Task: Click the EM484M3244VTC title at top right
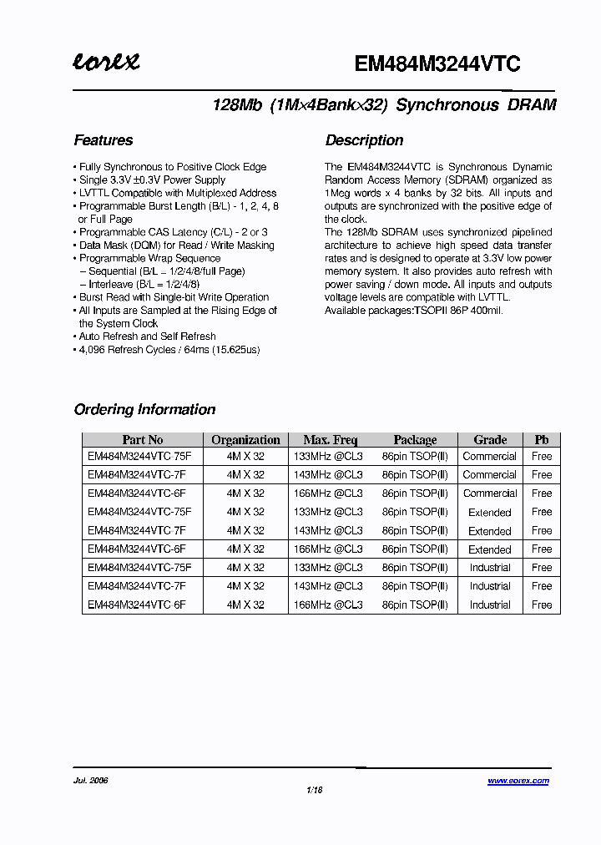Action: point(437,64)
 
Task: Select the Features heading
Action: point(104,140)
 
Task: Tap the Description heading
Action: point(364,140)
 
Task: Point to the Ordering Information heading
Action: point(144,409)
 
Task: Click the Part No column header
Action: point(143,440)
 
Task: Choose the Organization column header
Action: point(245,440)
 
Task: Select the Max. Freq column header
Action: point(330,440)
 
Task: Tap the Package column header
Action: point(415,440)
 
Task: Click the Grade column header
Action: point(490,440)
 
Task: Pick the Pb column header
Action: point(542,440)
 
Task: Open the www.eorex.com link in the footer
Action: point(518,781)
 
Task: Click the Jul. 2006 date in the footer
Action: point(91,781)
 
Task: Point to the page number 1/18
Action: point(315,790)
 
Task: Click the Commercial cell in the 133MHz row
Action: point(490,457)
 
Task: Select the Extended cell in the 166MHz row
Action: point(490,549)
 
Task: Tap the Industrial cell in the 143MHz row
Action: point(490,586)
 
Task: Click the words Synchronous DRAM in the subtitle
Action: point(476,106)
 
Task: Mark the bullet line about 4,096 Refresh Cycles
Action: point(169,349)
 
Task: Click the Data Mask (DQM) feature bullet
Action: point(176,245)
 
